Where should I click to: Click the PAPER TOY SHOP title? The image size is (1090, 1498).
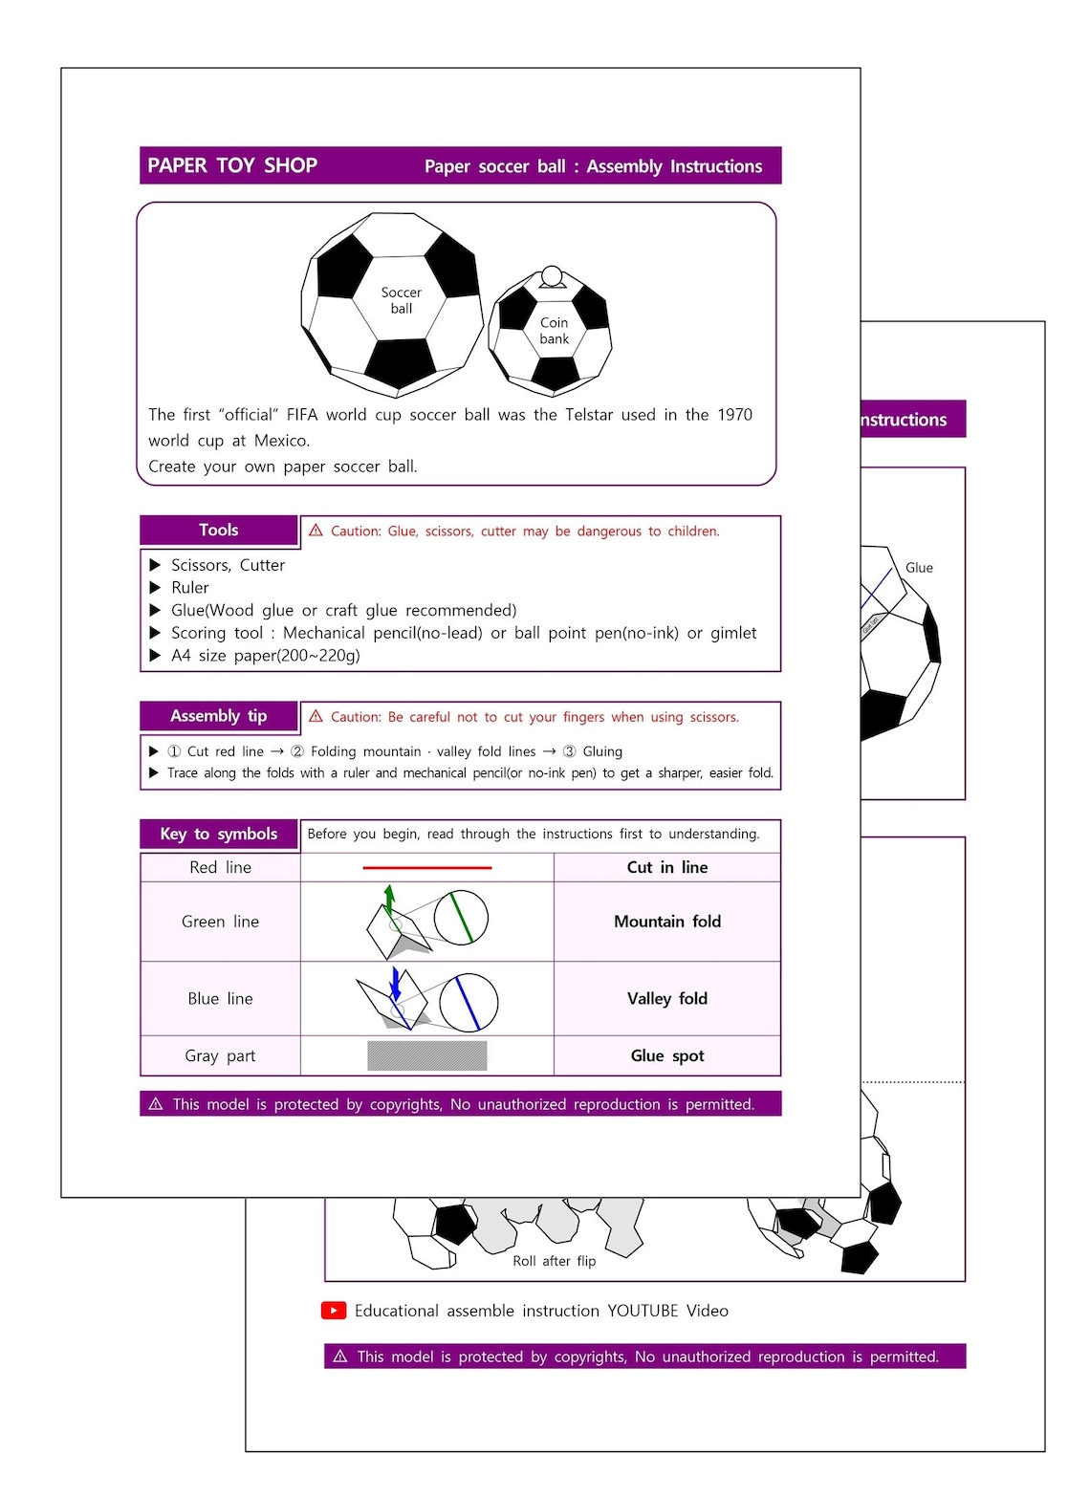(232, 165)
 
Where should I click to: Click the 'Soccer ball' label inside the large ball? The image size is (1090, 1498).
(401, 300)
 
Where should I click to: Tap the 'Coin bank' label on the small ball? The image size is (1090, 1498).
(554, 331)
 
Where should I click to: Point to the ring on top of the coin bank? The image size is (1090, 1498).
(552, 276)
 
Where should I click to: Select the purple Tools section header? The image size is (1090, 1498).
(219, 531)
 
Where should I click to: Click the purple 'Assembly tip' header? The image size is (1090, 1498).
(219, 716)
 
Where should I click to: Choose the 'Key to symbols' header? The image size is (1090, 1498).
(219, 834)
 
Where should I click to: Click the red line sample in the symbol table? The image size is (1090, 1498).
(426, 867)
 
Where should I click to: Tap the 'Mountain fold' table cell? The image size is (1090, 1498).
(666, 922)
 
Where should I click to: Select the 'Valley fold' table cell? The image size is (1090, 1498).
(666, 998)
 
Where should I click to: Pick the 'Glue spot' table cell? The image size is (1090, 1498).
(666, 1055)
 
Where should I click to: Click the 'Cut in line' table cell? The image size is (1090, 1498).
(666, 867)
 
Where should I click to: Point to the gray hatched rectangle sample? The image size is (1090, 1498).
(426, 1055)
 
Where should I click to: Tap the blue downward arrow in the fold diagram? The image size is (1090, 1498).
(396, 984)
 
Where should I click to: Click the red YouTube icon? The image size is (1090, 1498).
(334, 1311)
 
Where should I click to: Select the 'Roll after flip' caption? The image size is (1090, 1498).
(554, 1261)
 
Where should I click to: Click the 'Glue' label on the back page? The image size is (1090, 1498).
(919, 568)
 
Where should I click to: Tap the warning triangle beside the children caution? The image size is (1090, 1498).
(316, 531)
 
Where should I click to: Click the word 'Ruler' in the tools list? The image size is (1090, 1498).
(189, 588)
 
